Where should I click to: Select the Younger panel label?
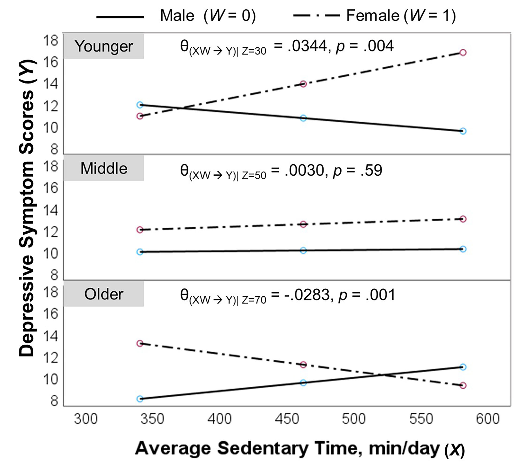[x=104, y=46]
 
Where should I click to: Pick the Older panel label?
[x=104, y=294]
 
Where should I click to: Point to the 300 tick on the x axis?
[x=86, y=419]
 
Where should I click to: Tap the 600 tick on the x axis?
[x=488, y=419]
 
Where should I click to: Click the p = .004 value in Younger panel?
[x=365, y=46]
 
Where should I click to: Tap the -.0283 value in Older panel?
[x=307, y=295]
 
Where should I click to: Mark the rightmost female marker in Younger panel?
[x=463, y=53]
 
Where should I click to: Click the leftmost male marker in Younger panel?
[x=140, y=105]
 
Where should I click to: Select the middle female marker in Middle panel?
[x=304, y=224]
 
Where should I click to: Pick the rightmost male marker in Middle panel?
[x=463, y=249]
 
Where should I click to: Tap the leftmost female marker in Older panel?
[x=140, y=343]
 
